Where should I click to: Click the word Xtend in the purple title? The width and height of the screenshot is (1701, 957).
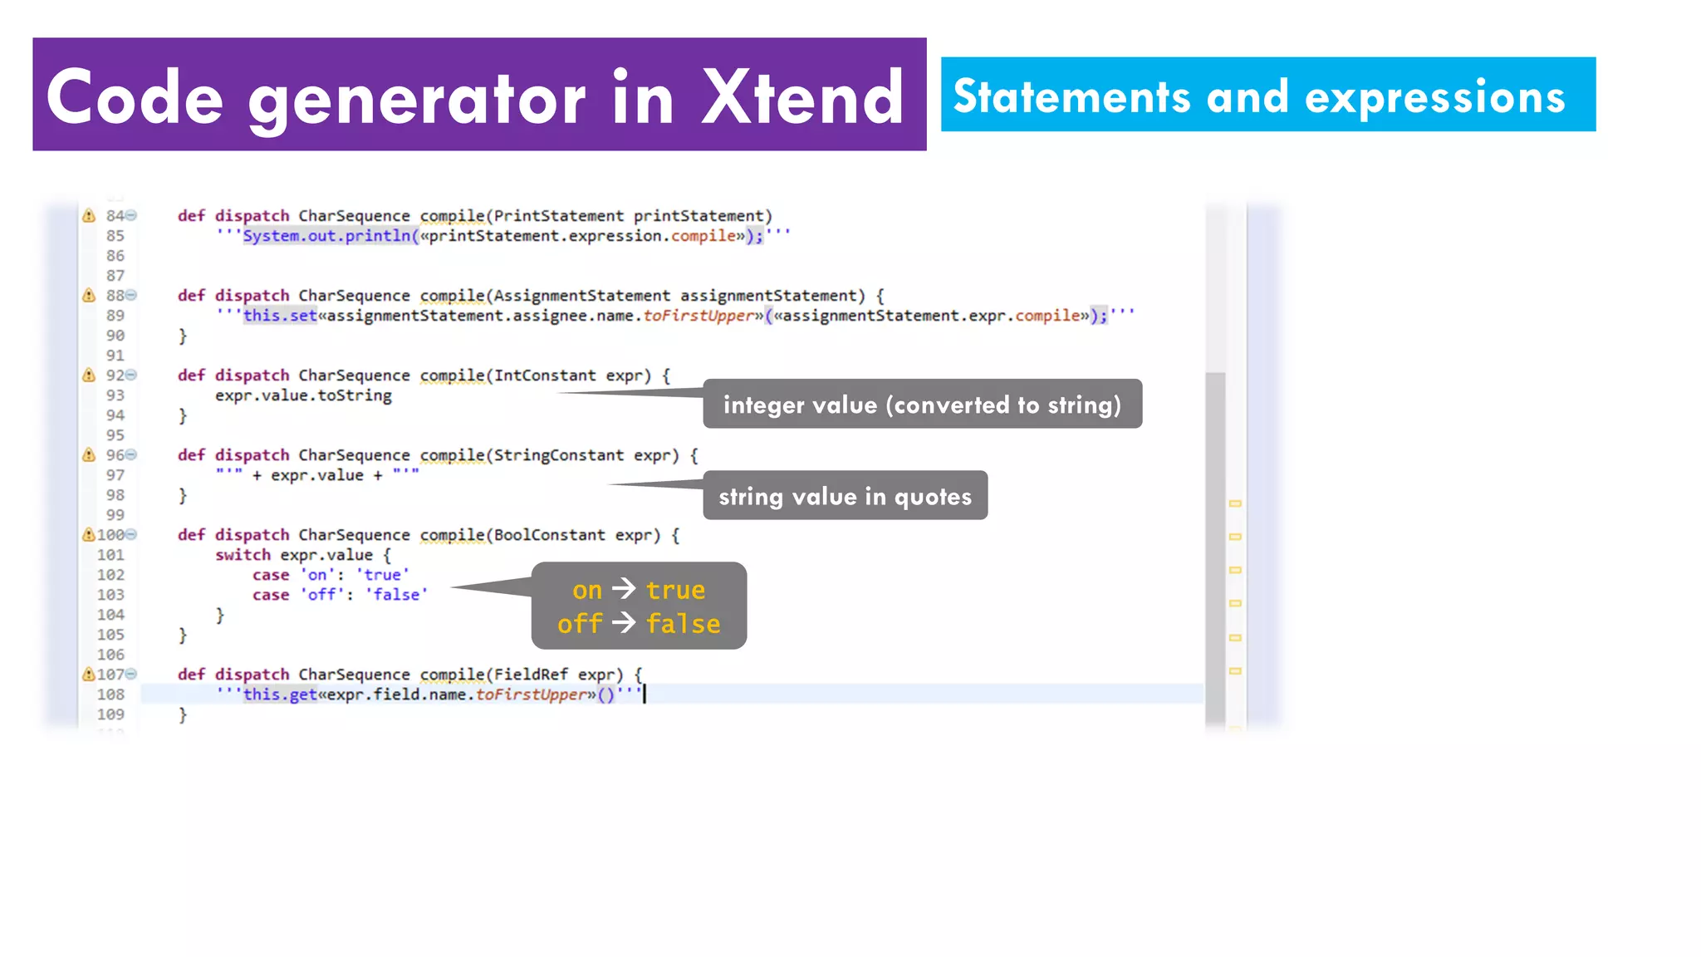click(x=801, y=98)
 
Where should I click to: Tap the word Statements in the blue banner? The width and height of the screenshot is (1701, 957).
click(x=1071, y=96)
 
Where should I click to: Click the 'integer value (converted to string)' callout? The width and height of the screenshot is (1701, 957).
click(x=922, y=405)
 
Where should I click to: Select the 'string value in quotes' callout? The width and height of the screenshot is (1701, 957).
click(x=845, y=496)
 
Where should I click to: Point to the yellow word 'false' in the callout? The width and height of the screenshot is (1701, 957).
click(x=683, y=624)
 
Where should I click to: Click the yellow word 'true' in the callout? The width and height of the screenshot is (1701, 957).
click(x=675, y=590)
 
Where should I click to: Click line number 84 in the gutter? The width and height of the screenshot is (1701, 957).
click(x=115, y=216)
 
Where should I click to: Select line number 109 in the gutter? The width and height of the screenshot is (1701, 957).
click(x=110, y=714)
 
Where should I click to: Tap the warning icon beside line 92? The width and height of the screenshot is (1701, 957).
click(x=89, y=375)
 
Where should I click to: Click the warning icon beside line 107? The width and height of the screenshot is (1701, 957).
click(x=88, y=675)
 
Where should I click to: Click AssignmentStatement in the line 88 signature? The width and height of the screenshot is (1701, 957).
click(x=581, y=296)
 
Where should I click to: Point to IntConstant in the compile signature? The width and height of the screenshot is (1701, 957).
click(x=545, y=375)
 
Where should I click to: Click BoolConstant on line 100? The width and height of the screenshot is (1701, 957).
click(x=549, y=535)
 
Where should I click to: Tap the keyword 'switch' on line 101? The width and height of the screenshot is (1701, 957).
click(x=243, y=555)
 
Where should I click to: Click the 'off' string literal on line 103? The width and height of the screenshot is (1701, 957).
click(x=322, y=595)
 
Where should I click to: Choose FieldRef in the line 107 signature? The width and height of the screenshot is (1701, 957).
click(x=531, y=675)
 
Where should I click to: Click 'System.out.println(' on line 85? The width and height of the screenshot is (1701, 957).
click(x=331, y=236)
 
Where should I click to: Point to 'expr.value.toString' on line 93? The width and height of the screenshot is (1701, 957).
click(x=303, y=395)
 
